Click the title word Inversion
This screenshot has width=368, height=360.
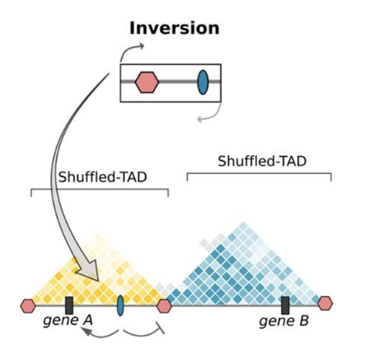[174, 27]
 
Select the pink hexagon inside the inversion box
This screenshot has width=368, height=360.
[146, 83]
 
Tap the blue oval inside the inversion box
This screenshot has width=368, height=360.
[202, 83]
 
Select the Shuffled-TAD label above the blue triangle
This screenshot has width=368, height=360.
[262, 161]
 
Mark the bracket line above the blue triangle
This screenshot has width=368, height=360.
[259, 173]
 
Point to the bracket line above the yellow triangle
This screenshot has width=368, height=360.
[99, 189]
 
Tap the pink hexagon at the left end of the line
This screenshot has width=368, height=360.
[27, 306]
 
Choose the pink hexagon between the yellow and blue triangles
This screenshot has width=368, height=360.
[164, 306]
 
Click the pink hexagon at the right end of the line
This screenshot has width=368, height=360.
[325, 304]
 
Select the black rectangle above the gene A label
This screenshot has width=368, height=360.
[69, 305]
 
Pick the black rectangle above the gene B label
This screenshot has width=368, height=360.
[285, 305]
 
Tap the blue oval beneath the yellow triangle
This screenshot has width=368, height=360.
[120, 305]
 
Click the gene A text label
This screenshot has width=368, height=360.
[67, 321]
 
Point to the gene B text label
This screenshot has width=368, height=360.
[284, 321]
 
